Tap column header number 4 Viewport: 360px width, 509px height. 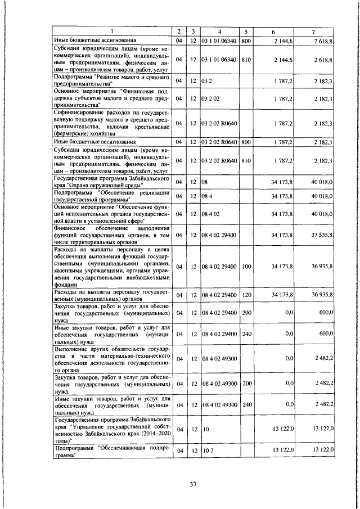pos(220,31)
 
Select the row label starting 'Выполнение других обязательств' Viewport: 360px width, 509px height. pos(111,358)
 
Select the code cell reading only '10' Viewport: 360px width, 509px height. pos(205,429)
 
